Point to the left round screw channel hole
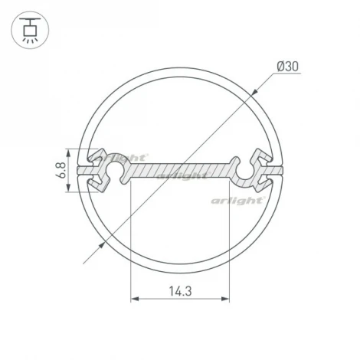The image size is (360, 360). pyautogui.click(x=116, y=170)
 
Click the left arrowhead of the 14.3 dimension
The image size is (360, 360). pyautogui.click(x=135, y=299)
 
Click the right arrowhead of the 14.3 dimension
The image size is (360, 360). pyautogui.click(x=227, y=299)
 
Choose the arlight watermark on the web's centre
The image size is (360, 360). pyautogui.click(x=182, y=175)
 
